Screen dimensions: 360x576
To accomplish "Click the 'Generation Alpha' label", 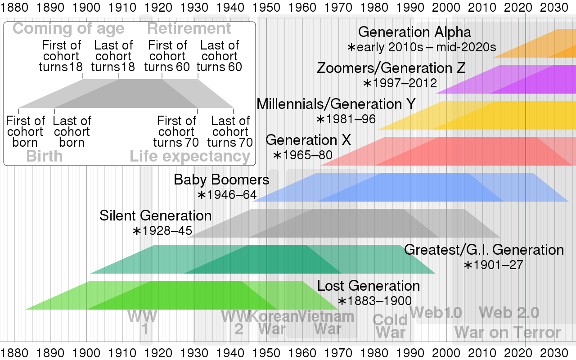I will click(414, 32).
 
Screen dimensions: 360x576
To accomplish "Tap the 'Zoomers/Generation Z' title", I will click(391, 68).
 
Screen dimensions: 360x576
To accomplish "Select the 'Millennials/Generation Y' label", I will click(336, 104).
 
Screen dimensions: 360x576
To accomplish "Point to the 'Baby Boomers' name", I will click(221, 180).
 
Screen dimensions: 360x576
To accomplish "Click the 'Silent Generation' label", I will click(156, 216).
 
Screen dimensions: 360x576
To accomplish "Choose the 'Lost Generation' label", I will click(368, 286).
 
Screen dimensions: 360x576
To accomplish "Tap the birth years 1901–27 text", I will click(494, 265).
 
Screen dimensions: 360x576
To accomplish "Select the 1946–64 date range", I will click(227, 195).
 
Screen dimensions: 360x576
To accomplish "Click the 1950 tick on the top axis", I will click(266, 8).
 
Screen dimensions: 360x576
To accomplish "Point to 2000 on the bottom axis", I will click(446, 351).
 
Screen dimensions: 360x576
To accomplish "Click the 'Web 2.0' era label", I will click(509, 312).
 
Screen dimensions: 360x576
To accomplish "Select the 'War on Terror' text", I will click(508, 333).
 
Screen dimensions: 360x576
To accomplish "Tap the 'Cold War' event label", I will click(390, 326).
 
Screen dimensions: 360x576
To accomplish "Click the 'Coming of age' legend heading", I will click(68, 29).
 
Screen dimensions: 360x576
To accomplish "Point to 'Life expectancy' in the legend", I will click(190, 157).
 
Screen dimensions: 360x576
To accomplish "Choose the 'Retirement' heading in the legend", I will click(189, 29).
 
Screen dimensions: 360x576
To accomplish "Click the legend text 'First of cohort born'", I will click(26, 132).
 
